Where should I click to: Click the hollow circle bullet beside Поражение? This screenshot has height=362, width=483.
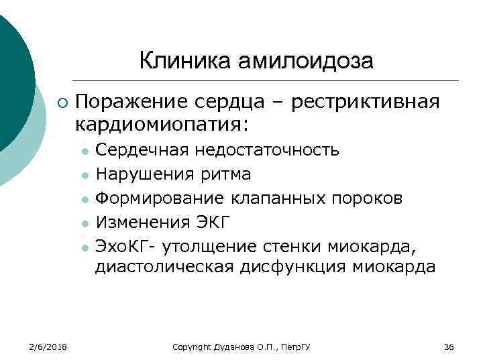pos(62,103)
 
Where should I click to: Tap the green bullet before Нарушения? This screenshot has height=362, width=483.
pos(84,176)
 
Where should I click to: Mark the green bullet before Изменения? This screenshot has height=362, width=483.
pos(84,223)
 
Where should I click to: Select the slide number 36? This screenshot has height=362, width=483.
pos(449,347)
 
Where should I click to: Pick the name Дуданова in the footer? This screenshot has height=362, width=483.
pos(232,347)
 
